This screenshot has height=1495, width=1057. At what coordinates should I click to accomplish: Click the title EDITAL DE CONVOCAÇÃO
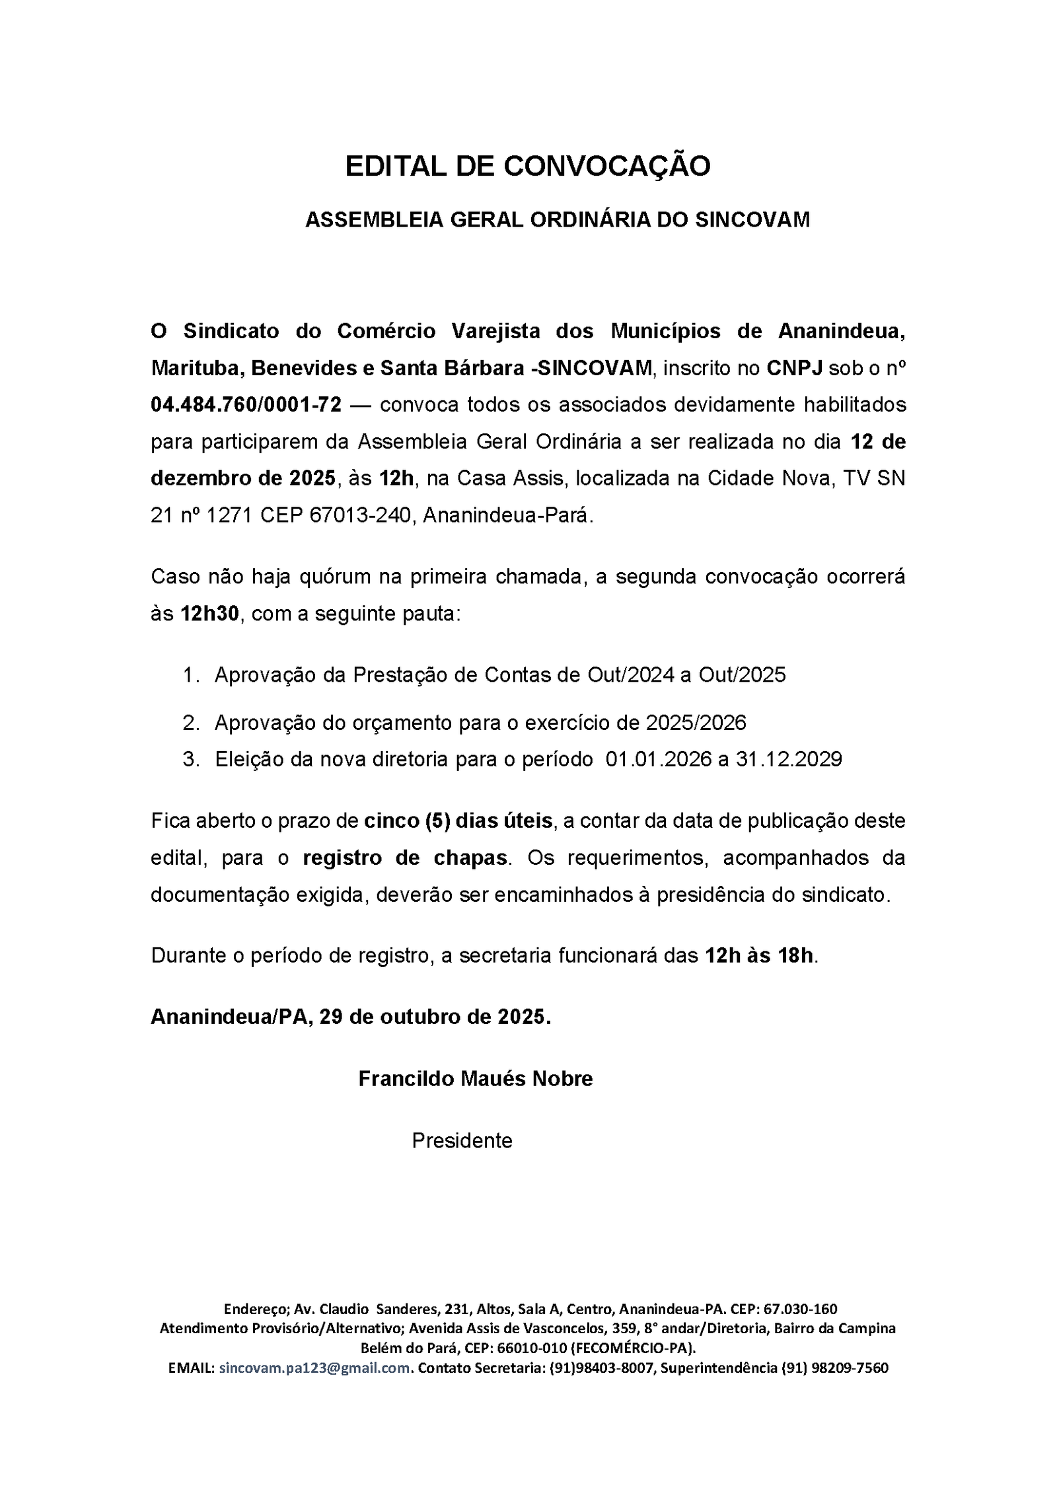point(527,166)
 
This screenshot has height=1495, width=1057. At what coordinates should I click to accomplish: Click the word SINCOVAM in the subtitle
point(752,220)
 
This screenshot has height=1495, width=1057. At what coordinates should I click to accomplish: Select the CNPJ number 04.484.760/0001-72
point(246,404)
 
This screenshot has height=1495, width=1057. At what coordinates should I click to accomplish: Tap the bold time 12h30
point(209,614)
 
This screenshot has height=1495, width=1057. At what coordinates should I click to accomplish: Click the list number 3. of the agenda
point(192,759)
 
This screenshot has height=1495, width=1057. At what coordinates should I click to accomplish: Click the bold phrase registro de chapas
point(405,857)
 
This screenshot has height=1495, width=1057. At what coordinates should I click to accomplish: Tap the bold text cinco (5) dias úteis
point(458,820)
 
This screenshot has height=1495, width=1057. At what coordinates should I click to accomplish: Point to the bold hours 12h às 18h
point(759,955)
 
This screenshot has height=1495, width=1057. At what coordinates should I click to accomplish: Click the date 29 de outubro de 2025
point(435,1016)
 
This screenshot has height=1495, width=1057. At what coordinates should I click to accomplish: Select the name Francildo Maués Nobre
point(475,1079)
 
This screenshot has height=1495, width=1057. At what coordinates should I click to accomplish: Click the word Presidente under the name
point(462,1141)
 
